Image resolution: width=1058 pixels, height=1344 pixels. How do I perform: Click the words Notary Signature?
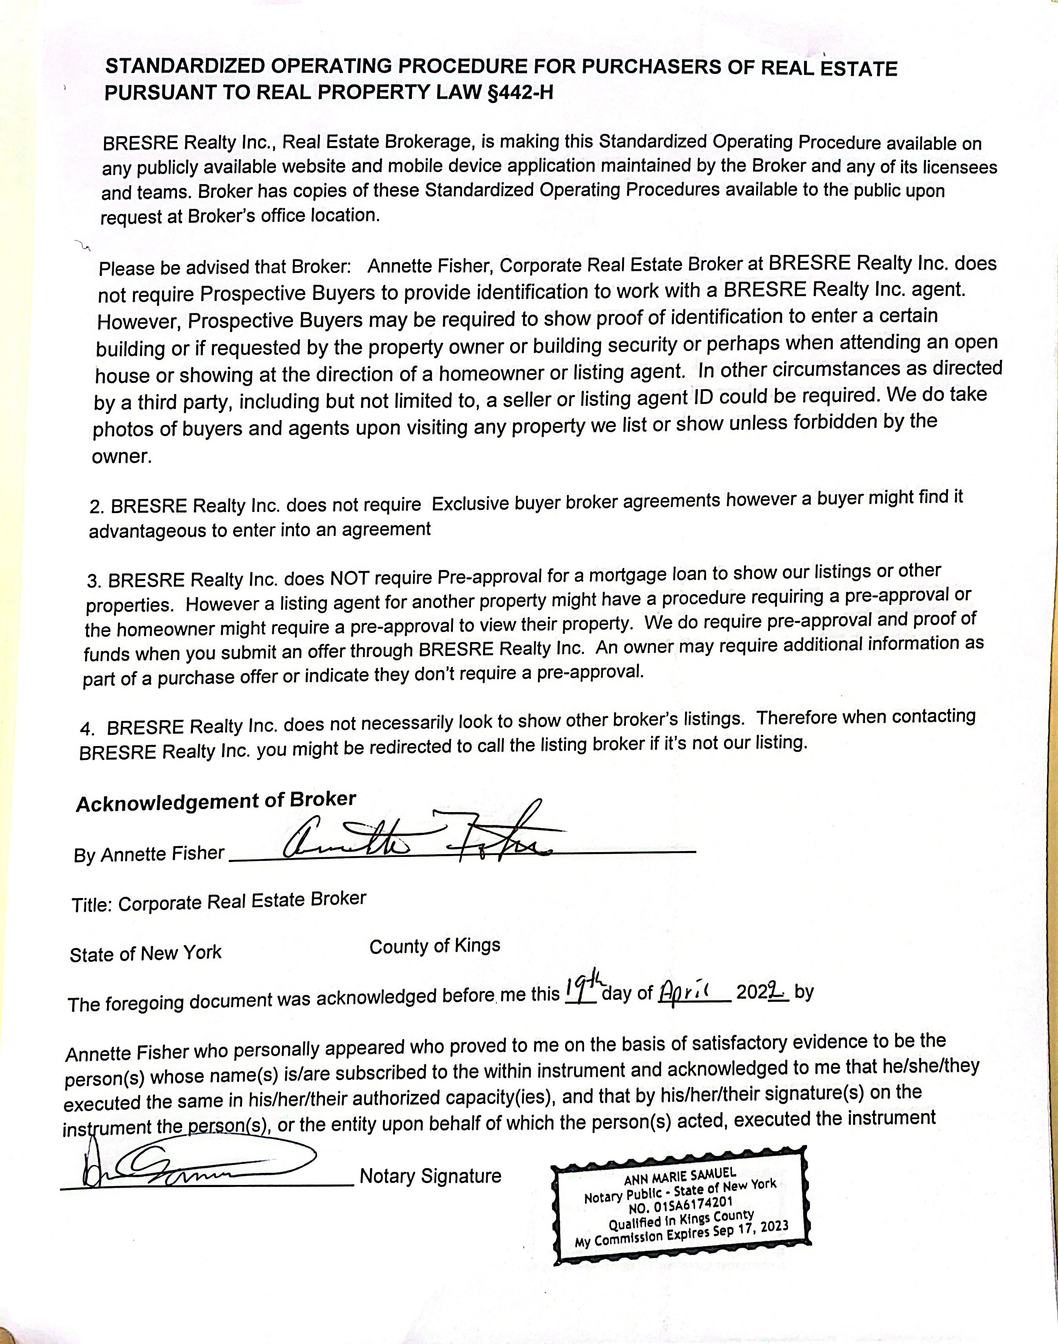click(x=430, y=1176)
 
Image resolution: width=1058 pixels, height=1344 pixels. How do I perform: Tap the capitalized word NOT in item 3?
click(x=350, y=578)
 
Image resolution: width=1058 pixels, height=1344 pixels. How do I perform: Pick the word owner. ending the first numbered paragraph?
click(x=121, y=457)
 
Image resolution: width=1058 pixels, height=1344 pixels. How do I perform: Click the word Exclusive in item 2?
click(x=471, y=504)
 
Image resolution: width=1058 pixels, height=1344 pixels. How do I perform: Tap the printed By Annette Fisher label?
click(x=149, y=854)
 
